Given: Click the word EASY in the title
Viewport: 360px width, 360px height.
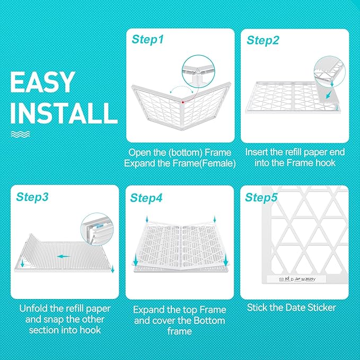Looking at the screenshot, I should click(x=42, y=83).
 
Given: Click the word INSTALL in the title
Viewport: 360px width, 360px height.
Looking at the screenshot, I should click(x=63, y=113).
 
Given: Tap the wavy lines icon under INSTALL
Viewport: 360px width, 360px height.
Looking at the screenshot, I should click(x=21, y=134).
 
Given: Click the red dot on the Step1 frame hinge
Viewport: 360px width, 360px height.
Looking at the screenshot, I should click(x=181, y=100).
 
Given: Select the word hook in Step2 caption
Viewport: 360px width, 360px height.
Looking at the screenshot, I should click(x=324, y=163).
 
